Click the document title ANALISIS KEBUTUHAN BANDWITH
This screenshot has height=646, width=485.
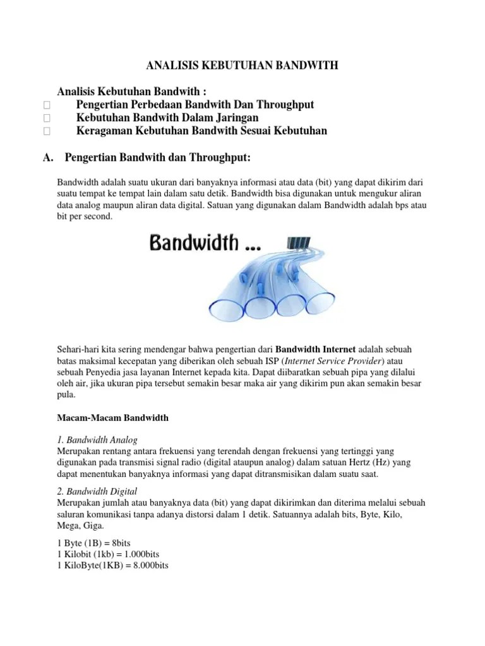[242, 64]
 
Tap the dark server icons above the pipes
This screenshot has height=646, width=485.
[298, 242]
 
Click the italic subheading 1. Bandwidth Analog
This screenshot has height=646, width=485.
[97, 439]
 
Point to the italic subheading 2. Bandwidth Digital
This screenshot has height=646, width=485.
[97, 491]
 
